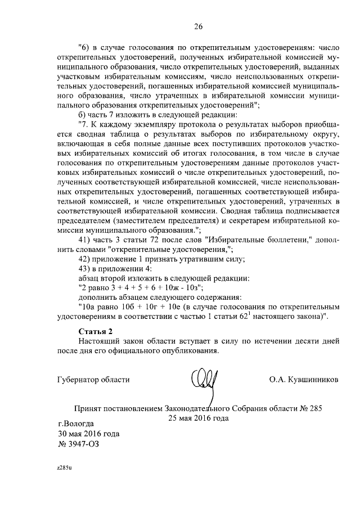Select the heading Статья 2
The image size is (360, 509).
(x=96, y=331)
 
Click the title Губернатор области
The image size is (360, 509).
(x=93, y=380)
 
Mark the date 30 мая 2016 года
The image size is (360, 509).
(x=88, y=434)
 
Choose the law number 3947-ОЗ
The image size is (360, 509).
(x=80, y=444)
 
